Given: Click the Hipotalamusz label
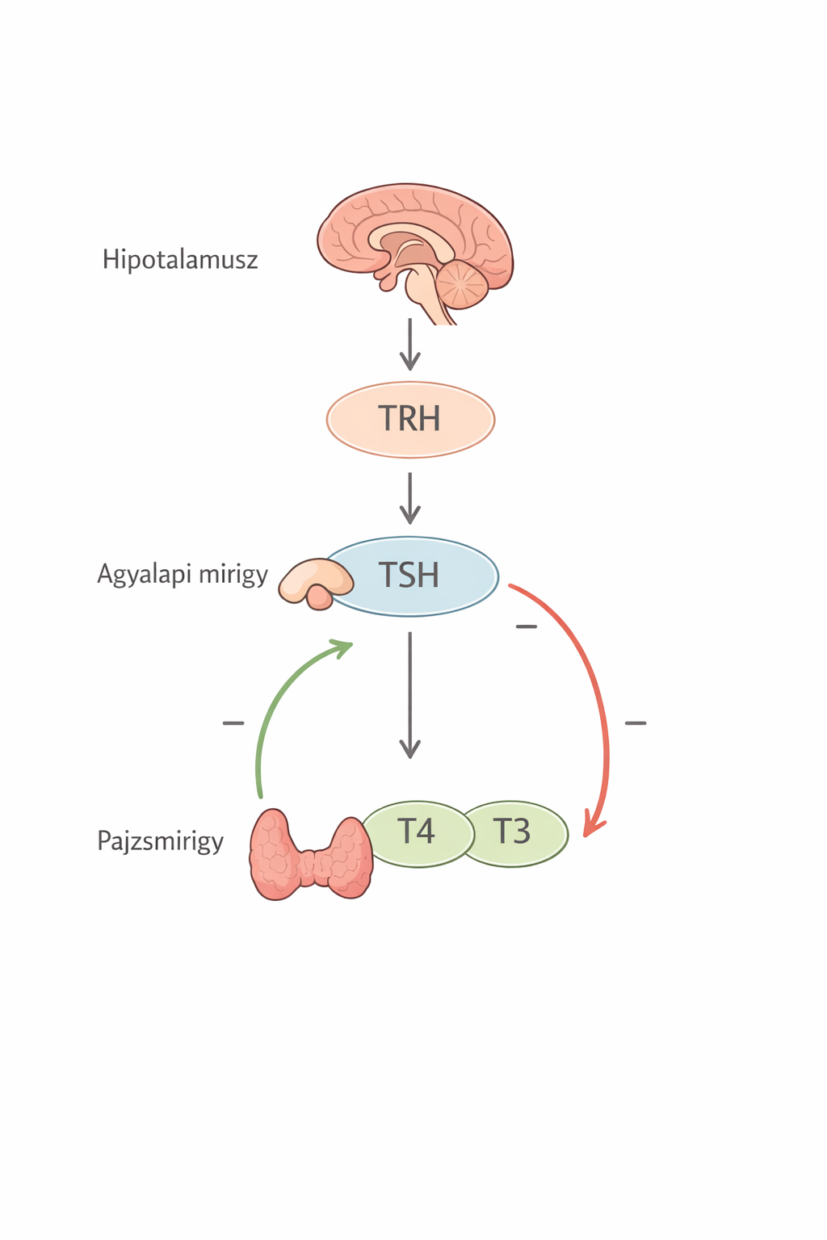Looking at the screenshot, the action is pyautogui.click(x=180, y=259).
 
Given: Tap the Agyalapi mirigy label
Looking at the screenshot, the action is pyautogui.click(x=183, y=574).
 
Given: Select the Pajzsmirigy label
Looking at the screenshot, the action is pyautogui.click(x=160, y=841).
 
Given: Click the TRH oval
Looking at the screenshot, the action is pyautogui.click(x=410, y=420).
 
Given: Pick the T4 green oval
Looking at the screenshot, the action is pyautogui.click(x=417, y=834).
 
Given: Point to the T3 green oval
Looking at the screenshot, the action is pyautogui.click(x=516, y=834).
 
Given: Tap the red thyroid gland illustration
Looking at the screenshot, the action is pyautogui.click(x=311, y=855).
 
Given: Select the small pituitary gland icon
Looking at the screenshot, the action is pyautogui.click(x=314, y=583).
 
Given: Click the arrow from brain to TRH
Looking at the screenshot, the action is pyautogui.click(x=410, y=345).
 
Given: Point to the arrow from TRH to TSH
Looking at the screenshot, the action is pyautogui.click(x=410, y=498).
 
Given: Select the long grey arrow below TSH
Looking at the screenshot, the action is pyautogui.click(x=410, y=695).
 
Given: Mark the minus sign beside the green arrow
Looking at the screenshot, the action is pyautogui.click(x=233, y=723).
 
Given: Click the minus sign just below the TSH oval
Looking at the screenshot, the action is pyautogui.click(x=527, y=626).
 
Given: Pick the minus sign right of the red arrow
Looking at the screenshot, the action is pyautogui.click(x=636, y=723).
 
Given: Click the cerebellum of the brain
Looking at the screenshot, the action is pyautogui.click(x=462, y=284).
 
